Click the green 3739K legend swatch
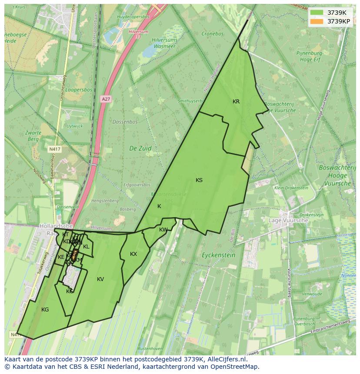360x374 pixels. [317, 13]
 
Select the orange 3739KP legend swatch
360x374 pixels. [317, 21]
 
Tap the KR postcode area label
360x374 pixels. [236, 102]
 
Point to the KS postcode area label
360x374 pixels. [199, 180]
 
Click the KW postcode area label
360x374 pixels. [163, 230]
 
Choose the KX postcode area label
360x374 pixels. [133, 254]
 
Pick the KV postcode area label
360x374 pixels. [100, 279]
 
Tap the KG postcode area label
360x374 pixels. [45, 310]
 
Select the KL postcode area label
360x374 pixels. [86, 247]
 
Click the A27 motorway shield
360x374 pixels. [106, 99]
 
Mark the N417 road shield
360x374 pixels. [54, 149]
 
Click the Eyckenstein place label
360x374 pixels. [219, 255]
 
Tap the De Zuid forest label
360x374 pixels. [140, 148]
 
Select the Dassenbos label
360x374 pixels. [125, 122]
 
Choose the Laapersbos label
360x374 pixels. [80, 90]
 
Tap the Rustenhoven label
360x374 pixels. [150, 349]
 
